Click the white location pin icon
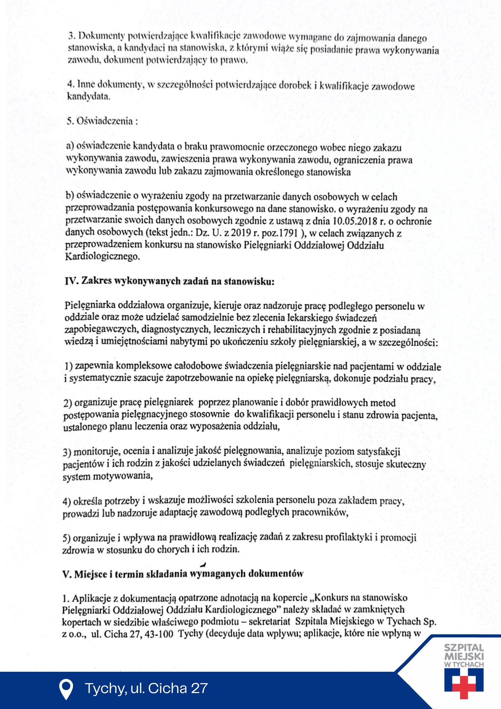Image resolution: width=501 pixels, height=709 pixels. (66, 689)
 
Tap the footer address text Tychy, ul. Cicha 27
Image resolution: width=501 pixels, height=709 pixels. (146, 688)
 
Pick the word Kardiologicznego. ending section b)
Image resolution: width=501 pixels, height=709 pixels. (102, 256)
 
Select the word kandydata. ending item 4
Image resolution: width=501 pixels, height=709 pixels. (89, 96)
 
